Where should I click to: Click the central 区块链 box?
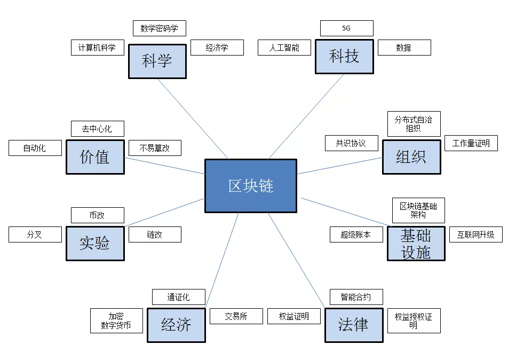[251, 185]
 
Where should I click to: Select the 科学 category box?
[157, 61]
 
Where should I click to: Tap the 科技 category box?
[344, 56]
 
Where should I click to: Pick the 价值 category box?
[95, 156]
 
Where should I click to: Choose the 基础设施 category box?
[416, 244]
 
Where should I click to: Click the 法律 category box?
[354, 325]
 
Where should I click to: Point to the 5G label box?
[346, 28]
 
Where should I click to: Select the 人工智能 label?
[284, 48]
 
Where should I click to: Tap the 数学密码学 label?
[159, 28]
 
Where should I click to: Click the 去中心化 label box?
[97, 129]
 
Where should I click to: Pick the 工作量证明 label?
[471, 143]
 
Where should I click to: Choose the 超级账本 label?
[355, 234]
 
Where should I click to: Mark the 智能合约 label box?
[356, 297]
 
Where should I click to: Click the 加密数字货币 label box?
[116, 320]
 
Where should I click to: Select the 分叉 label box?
[35, 234]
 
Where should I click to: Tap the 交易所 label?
[236, 316]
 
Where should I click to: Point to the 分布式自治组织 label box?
[414, 124]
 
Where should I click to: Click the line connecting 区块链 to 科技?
[306, 116]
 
